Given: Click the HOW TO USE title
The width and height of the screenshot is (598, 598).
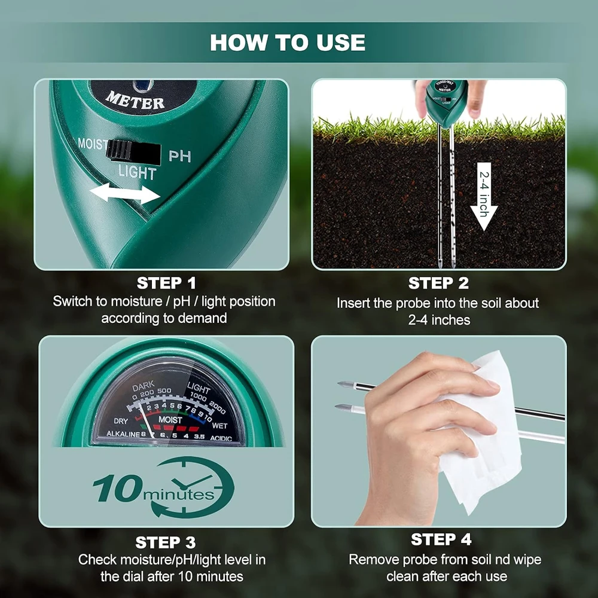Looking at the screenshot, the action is point(288,42).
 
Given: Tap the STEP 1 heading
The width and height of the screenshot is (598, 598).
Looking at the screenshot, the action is point(166,283).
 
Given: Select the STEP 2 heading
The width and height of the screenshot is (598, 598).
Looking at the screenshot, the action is point(438,283).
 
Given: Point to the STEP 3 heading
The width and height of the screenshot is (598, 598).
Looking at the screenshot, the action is point(166,542).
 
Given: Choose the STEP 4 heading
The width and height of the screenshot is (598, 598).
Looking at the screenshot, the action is point(441,539).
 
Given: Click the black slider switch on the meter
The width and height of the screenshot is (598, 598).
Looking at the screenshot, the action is point(133,152).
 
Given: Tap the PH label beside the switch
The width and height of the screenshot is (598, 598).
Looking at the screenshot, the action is point(179,156).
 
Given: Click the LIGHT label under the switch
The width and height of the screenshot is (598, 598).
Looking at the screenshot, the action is point(137,172).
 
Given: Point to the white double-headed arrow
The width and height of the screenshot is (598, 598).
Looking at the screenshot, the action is point(125,193).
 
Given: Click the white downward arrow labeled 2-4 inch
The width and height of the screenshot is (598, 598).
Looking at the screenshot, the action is point(484,196).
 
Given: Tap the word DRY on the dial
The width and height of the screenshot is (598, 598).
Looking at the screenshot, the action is point(121,421).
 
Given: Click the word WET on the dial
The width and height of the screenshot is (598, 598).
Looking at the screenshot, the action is point(219,426).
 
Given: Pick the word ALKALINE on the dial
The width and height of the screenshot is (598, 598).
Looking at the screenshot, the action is point(123,434).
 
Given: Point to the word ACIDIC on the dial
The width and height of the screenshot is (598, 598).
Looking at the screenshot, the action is point(221,438).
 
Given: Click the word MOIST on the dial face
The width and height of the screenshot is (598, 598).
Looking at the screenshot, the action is point(170,420).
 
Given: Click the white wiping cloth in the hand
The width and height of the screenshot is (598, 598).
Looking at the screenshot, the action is point(478,431).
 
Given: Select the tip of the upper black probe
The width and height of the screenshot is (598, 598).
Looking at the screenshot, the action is point(338,383).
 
